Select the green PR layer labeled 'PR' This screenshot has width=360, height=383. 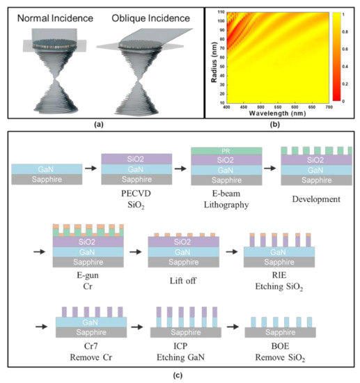[226, 150]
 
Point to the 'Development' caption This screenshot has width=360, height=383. [313, 198]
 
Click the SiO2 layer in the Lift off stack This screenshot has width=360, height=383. [183, 241]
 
